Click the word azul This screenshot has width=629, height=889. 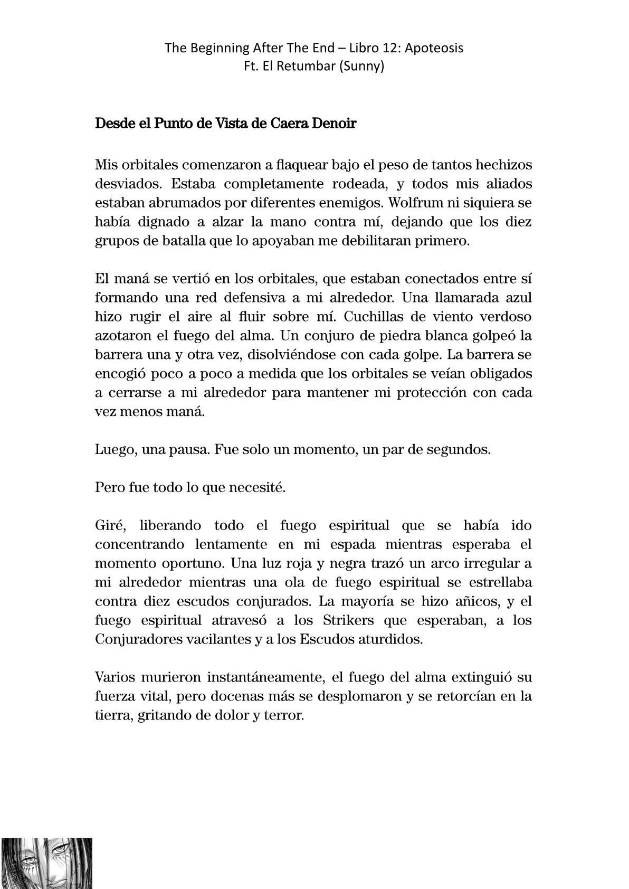click(x=518, y=298)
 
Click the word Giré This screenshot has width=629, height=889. click(x=109, y=526)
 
